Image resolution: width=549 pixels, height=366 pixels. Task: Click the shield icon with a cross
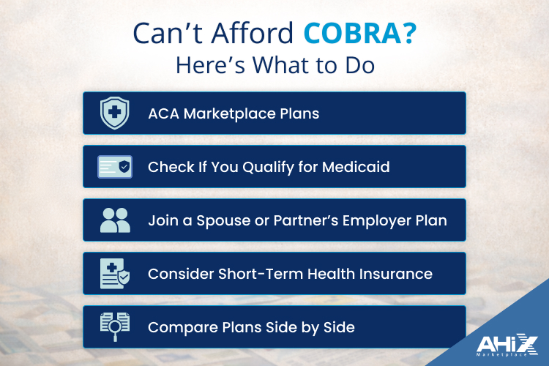click(x=114, y=113)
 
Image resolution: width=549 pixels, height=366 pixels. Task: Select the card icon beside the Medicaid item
click(x=114, y=167)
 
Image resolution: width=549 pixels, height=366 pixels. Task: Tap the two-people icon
click(x=114, y=220)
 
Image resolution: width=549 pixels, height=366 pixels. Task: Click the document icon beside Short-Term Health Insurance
click(x=114, y=274)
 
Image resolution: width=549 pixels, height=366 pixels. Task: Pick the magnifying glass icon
click(x=114, y=327)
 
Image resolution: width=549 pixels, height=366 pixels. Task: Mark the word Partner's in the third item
click(x=298, y=220)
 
